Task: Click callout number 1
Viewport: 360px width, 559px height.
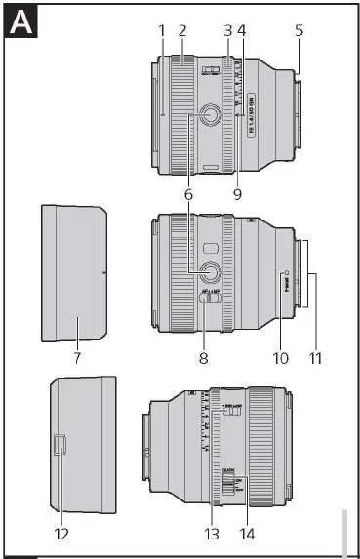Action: click(x=162, y=30)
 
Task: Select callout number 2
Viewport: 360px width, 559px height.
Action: click(x=182, y=30)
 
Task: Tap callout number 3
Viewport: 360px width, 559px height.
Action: click(x=227, y=30)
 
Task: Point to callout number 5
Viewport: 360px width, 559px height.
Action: click(x=299, y=30)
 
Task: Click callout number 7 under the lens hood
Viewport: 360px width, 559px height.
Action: click(x=78, y=358)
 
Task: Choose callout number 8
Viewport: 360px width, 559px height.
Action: click(x=204, y=358)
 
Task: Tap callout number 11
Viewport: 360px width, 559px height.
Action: click(x=314, y=358)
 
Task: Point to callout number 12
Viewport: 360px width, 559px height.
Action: click(x=61, y=534)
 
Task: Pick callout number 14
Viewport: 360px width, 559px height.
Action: click(x=248, y=534)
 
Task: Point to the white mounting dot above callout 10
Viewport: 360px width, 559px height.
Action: click(x=285, y=272)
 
